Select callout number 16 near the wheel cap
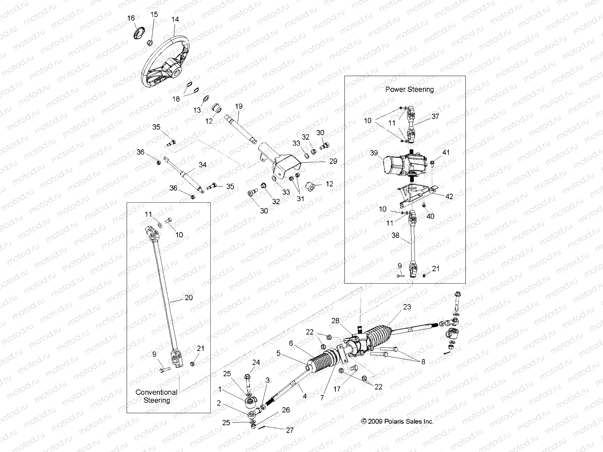(131, 18)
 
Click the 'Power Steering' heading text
(409, 89)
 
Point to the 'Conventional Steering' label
(156, 396)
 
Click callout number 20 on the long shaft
(188, 298)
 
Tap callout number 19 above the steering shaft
(239, 106)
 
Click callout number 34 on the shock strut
(202, 165)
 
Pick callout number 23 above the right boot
(407, 307)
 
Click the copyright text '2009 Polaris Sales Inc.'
(397, 421)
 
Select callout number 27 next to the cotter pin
(289, 430)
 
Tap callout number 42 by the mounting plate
(449, 196)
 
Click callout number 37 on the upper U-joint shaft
(435, 116)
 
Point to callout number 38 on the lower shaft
(395, 235)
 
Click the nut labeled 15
(150, 41)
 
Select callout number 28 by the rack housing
(335, 321)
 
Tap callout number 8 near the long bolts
(423, 362)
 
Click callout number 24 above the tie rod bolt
(256, 363)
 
